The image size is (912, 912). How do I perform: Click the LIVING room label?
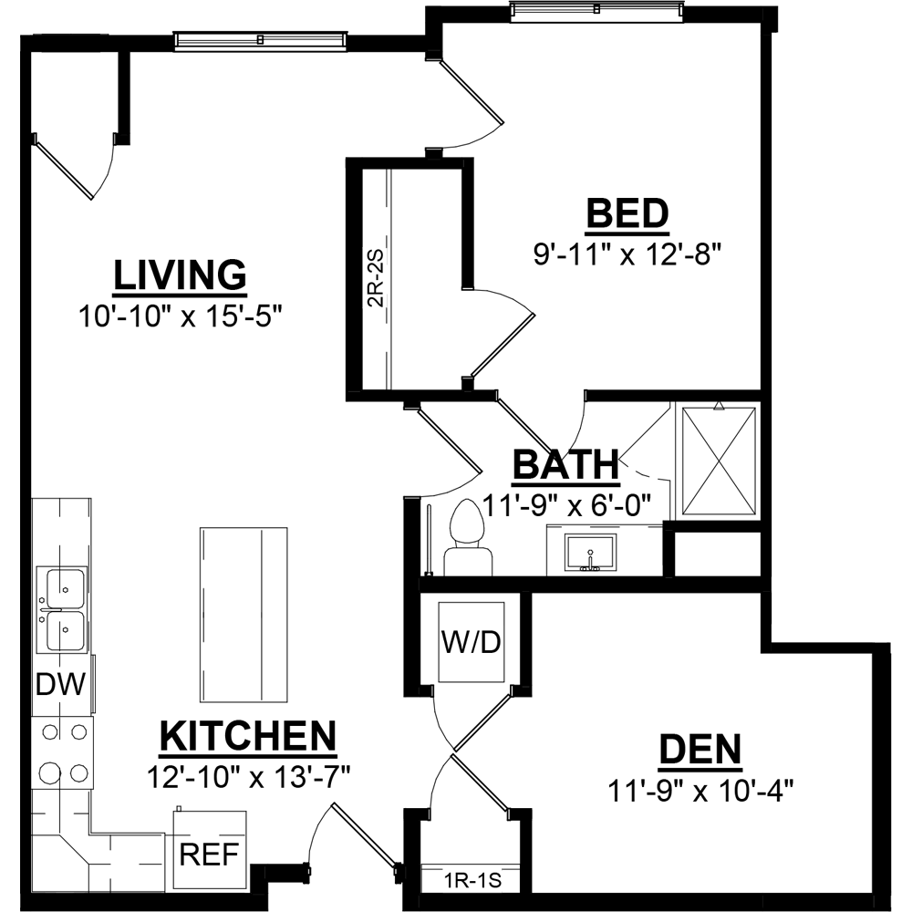pyautogui.click(x=181, y=275)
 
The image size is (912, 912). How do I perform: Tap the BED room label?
pyautogui.click(x=627, y=214)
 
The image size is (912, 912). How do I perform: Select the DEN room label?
pyautogui.click(x=700, y=749)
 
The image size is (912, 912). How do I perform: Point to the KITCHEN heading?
pyautogui.click(x=248, y=736)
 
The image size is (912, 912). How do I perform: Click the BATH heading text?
pyautogui.click(x=566, y=465)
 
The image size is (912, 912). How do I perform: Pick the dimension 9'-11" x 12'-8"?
pyautogui.click(x=627, y=254)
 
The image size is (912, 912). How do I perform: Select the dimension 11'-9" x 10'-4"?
pyautogui.click(x=700, y=790)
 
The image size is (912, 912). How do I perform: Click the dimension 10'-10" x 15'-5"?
pyautogui.click(x=181, y=317)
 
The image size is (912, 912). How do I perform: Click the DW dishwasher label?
pyautogui.click(x=61, y=685)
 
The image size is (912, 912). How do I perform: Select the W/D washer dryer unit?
pyautogui.click(x=472, y=642)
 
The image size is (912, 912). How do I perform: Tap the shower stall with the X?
pyautogui.click(x=719, y=461)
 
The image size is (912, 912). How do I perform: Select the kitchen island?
pyautogui.click(x=244, y=616)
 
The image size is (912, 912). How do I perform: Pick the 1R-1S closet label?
pyautogui.click(x=472, y=881)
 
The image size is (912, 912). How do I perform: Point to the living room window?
pyautogui.click(x=261, y=39)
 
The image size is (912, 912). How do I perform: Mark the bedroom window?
pyautogui.click(x=596, y=10)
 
